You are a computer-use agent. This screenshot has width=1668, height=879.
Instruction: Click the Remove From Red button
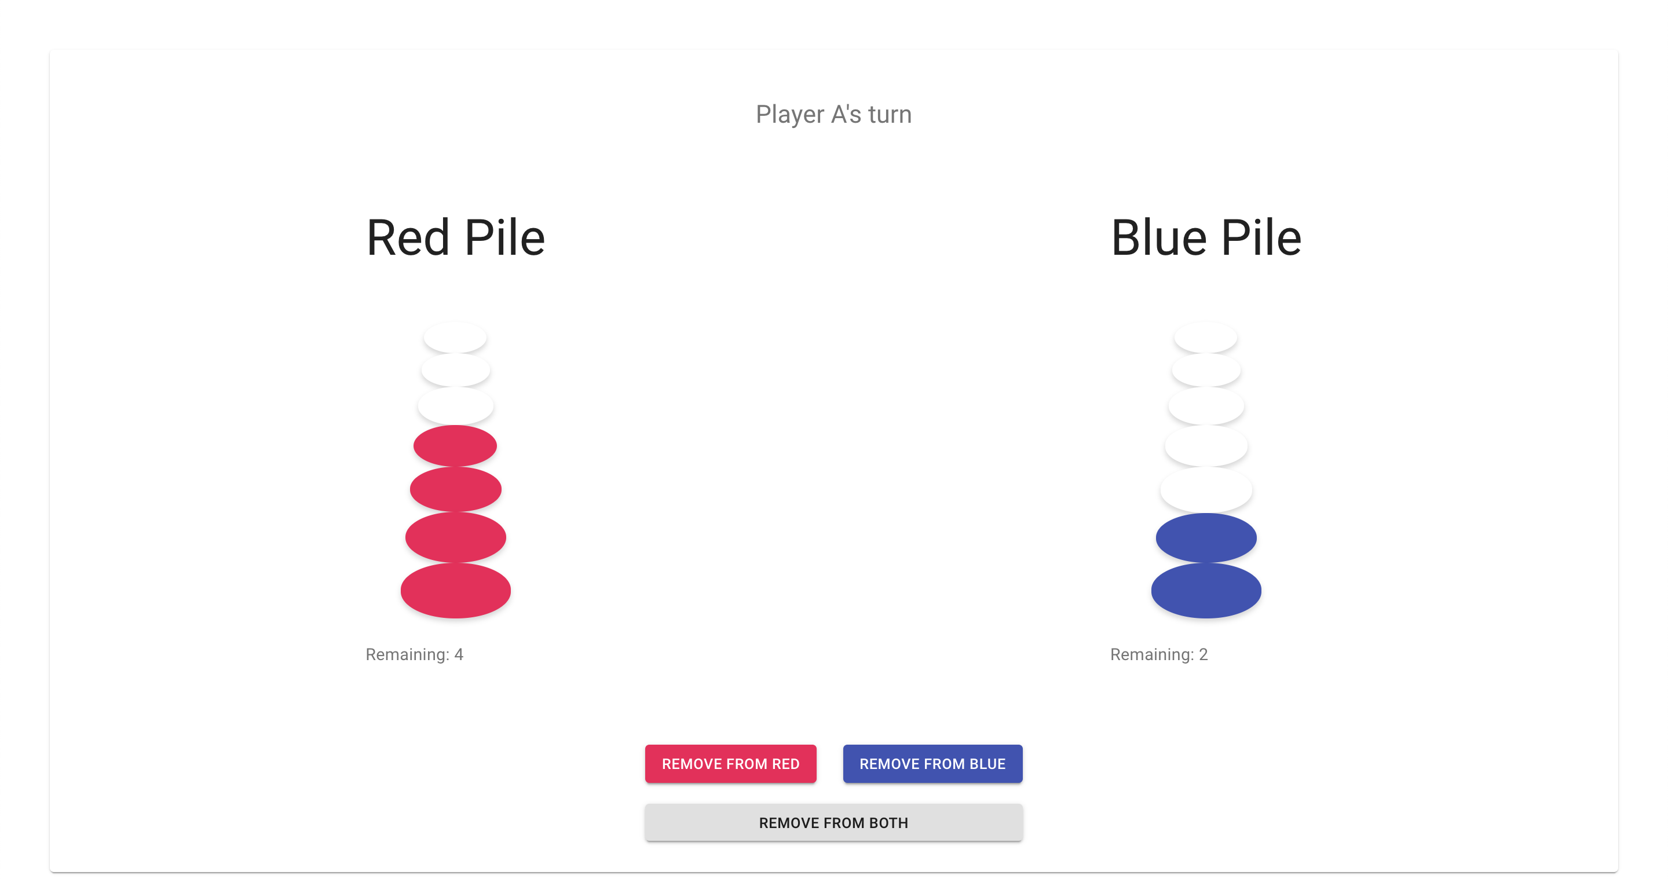pyautogui.click(x=730, y=764)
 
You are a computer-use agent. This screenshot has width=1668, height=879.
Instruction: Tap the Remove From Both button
pyautogui.click(x=833, y=823)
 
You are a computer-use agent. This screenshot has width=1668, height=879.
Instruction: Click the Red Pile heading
pyautogui.click(x=456, y=237)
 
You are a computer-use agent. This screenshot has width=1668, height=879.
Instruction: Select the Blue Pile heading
pyautogui.click(x=1206, y=237)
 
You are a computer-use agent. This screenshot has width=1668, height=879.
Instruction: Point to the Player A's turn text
pyautogui.click(x=833, y=115)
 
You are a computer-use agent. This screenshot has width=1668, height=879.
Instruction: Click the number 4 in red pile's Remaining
pyautogui.click(x=459, y=654)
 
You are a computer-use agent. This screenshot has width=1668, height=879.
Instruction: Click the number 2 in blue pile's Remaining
pyautogui.click(x=1203, y=654)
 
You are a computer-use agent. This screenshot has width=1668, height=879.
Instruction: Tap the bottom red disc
pyautogui.click(x=456, y=590)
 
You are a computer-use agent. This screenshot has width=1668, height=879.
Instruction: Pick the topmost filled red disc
pyautogui.click(x=455, y=446)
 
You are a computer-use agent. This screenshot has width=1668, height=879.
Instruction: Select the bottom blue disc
pyautogui.click(x=1206, y=590)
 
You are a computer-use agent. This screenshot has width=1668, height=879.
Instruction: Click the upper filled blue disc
pyautogui.click(x=1206, y=538)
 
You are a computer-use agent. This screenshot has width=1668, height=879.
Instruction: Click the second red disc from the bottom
pyautogui.click(x=456, y=538)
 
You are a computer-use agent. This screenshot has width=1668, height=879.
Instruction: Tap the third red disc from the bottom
pyautogui.click(x=456, y=489)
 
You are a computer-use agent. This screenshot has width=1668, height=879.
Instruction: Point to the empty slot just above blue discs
pyautogui.click(x=1206, y=489)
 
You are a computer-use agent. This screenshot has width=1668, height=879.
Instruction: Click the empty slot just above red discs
pyautogui.click(x=456, y=406)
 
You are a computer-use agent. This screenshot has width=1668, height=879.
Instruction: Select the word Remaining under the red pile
pyautogui.click(x=407, y=654)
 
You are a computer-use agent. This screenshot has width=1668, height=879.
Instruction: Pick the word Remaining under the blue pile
pyautogui.click(x=1152, y=654)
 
